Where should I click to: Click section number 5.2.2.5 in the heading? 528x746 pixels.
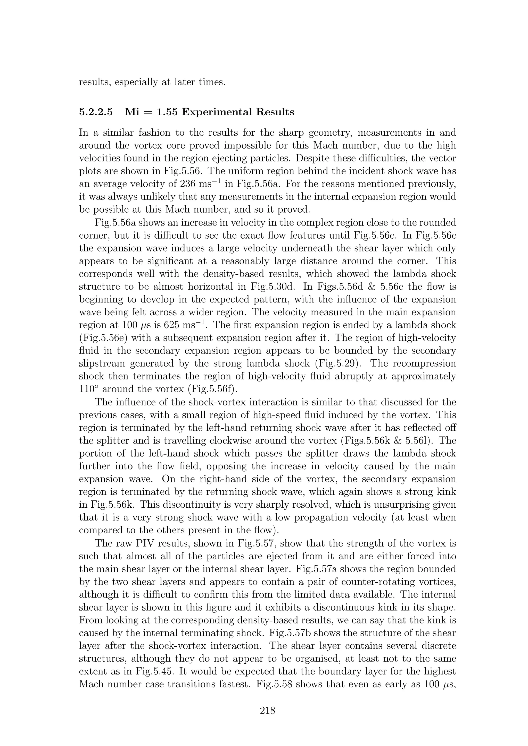96,112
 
